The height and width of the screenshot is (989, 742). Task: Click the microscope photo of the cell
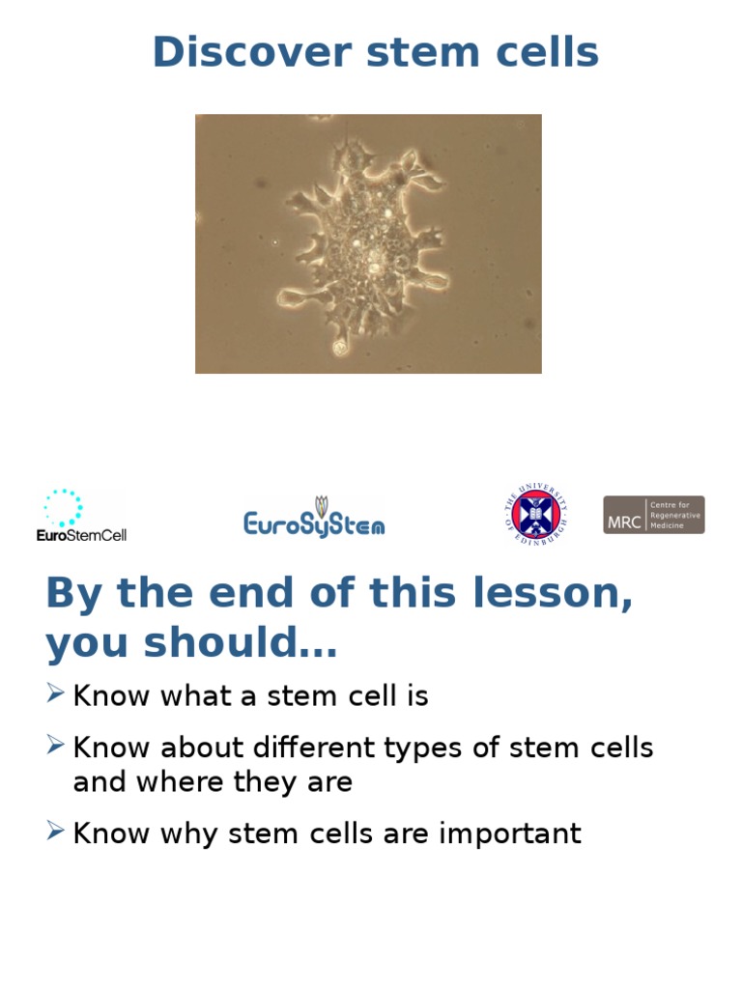[x=368, y=243]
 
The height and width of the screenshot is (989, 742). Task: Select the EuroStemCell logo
[x=81, y=515]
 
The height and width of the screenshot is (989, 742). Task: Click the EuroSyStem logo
[x=314, y=518]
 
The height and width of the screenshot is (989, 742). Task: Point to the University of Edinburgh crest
[x=535, y=515]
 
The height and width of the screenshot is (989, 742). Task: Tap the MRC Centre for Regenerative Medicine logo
[x=653, y=515]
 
